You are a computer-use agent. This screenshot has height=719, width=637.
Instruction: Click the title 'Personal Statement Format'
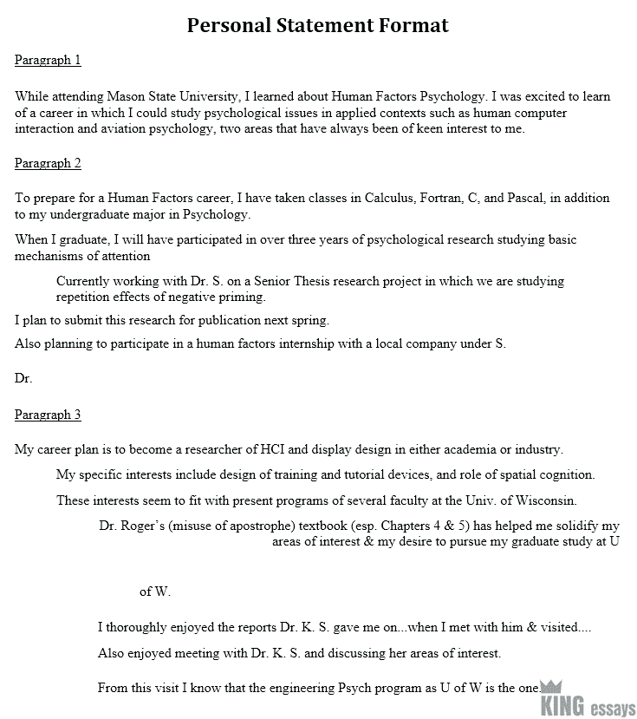[x=318, y=25]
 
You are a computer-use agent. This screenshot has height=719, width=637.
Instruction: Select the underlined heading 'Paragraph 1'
[x=48, y=60]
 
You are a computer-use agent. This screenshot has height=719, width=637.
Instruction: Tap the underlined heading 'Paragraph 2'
[x=48, y=163]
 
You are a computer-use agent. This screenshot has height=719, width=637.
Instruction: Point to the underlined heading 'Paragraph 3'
[x=48, y=415]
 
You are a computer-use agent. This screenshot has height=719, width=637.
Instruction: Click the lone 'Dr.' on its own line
[x=23, y=379]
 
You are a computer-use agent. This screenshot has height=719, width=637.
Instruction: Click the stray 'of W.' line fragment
[x=155, y=592]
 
